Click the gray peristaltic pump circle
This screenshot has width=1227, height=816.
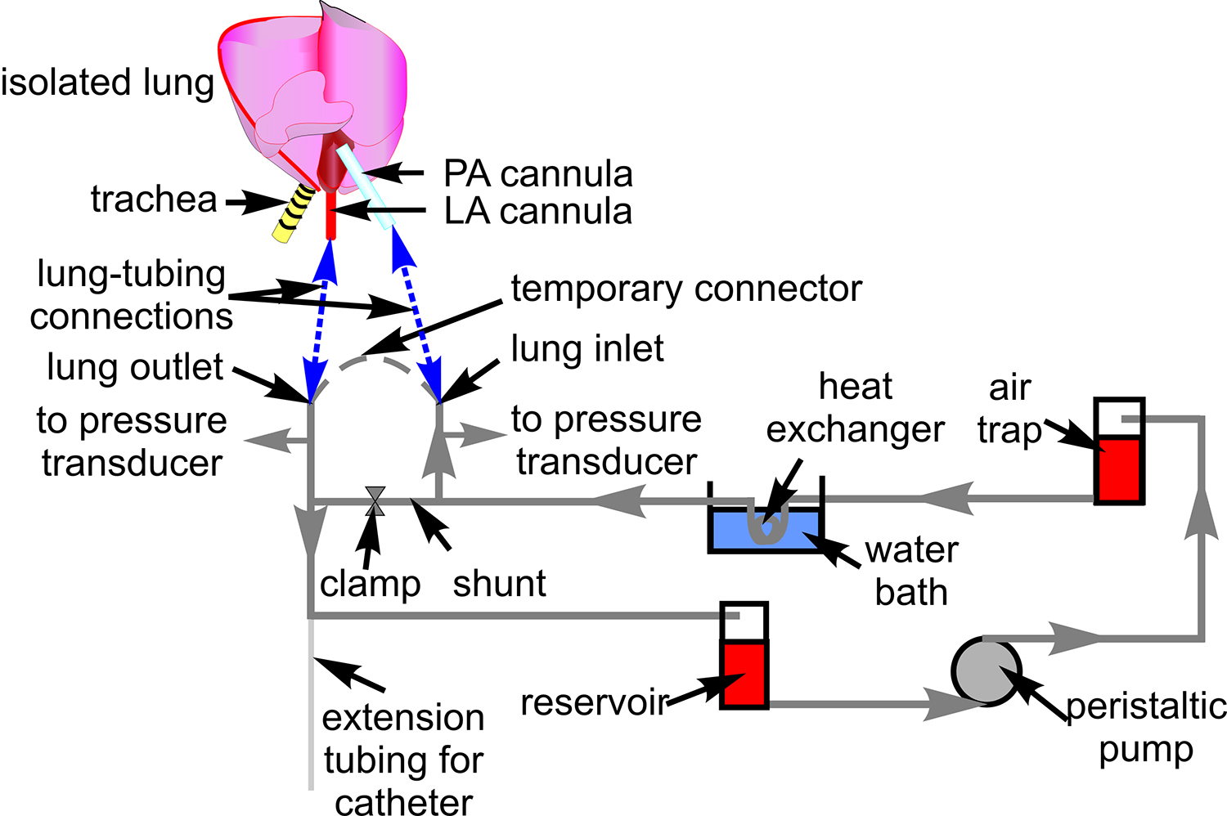(x=987, y=672)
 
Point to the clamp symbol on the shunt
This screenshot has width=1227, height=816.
(x=375, y=500)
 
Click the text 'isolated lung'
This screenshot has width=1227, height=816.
(x=107, y=83)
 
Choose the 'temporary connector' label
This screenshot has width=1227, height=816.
(x=686, y=289)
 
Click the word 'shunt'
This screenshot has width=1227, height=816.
(x=499, y=584)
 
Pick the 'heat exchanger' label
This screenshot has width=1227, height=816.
(x=855, y=408)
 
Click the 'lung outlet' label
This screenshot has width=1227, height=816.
(x=135, y=367)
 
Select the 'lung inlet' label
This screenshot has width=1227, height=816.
(x=587, y=349)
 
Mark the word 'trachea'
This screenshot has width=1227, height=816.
(x=154, y=200)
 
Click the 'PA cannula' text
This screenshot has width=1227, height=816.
(x=537, y=174)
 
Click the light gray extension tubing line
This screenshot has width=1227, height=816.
(x=311, y=711)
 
